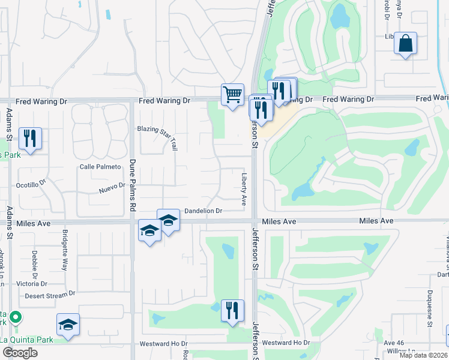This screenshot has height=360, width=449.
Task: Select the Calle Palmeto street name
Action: point(97,167)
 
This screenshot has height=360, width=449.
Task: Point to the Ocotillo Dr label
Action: point(31,185)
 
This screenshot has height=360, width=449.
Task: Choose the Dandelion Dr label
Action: point(203,211)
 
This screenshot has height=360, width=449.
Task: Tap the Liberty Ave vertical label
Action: point(244,189)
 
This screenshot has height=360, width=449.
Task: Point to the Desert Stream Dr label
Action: point(50,295)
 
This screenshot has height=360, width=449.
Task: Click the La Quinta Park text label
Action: point(26,340)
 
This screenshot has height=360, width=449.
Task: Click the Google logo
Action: point(20,352)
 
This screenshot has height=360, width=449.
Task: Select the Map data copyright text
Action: point(424,355)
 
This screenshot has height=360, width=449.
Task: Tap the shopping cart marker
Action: point(232,95)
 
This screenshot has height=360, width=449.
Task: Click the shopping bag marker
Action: point(406,43)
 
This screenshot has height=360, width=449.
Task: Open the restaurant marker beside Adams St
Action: point(30,139)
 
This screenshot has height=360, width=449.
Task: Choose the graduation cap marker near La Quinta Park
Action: point(68,325)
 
